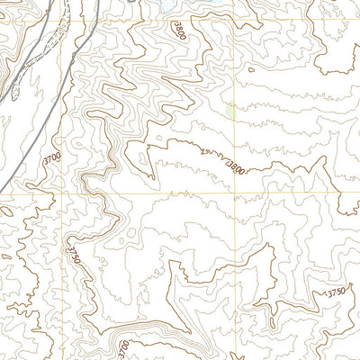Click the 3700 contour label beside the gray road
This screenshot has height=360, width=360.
(53, 158)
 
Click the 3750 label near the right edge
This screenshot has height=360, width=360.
(336, 293)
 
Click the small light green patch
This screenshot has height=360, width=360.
(231, 112)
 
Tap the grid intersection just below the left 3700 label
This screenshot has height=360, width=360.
(61, 192)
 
